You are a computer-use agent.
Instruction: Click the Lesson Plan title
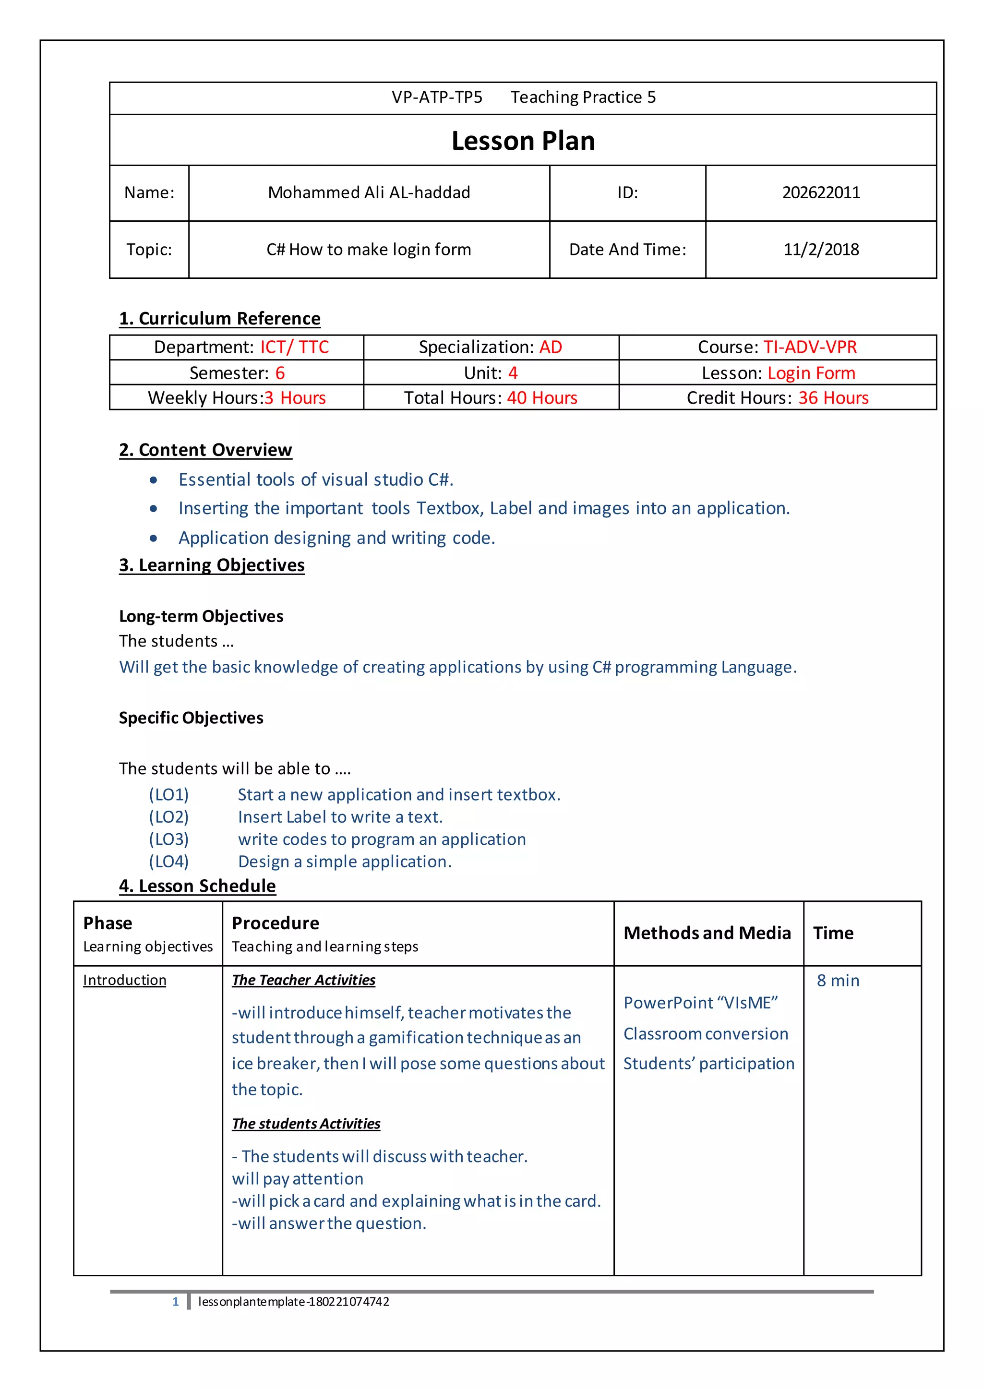[x=523, y=141]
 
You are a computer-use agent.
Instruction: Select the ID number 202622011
[x=820, y=192]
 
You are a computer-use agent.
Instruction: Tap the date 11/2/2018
[x=820, y=250]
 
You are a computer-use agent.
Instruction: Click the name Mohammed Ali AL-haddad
[x=369, y=192]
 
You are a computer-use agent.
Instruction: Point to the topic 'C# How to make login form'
[x=369, y=250]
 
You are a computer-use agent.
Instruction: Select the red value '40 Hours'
[x=542, y=398]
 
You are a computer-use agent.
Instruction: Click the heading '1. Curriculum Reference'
[x=220, y=318]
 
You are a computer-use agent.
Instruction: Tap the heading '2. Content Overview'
[x=205, y=450]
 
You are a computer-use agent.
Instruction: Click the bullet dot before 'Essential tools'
[x=154, y=480]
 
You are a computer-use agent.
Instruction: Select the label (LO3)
[x=169, y=839]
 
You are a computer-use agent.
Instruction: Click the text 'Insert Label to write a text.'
[x=340, y=817]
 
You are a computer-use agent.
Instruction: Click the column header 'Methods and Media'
[x=707, y=933]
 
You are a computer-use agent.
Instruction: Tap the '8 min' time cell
[x=838, y=980]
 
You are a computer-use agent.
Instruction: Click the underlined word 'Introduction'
[x=124, y=980]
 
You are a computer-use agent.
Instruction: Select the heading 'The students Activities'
[x=306, y=1124]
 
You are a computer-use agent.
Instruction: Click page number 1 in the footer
[x=176, y=1302]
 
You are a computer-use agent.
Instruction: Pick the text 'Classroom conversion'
[x=706, y=1033]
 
